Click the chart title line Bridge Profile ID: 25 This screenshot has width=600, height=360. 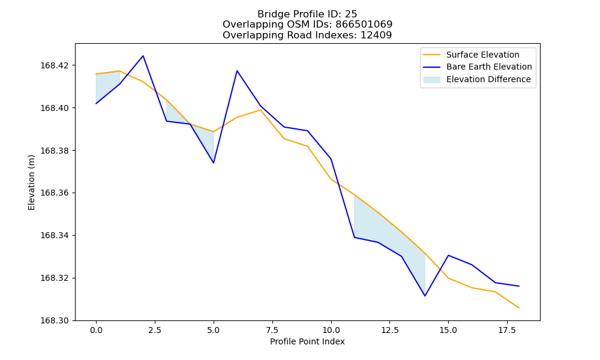tap(307, 14)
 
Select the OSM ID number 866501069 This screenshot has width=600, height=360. tap(364, 25)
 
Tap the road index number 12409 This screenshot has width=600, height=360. tap(376, 35)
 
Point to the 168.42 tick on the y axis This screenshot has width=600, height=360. tap(55, 65)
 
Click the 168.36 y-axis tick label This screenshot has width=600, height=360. tap(55, 193)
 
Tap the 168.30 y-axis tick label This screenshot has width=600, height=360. tap(55, 320)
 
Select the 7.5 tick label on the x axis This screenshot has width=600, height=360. tap(272, 330)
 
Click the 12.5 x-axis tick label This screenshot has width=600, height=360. tap(389, 330)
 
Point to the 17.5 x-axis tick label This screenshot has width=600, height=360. tap(507, 330)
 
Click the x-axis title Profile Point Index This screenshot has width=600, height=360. tap(307, 341)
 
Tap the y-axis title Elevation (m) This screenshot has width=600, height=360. tap(31, 182)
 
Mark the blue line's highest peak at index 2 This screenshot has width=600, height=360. tap(143, 56)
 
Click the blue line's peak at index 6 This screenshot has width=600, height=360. tap(237, 71)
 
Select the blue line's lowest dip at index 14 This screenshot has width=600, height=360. tap(425, 296)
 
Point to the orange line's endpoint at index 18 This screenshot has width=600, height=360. tap(519, 308)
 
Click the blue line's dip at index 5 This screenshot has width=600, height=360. tap(214, 163)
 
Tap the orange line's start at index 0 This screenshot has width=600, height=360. tap(96, 74)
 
